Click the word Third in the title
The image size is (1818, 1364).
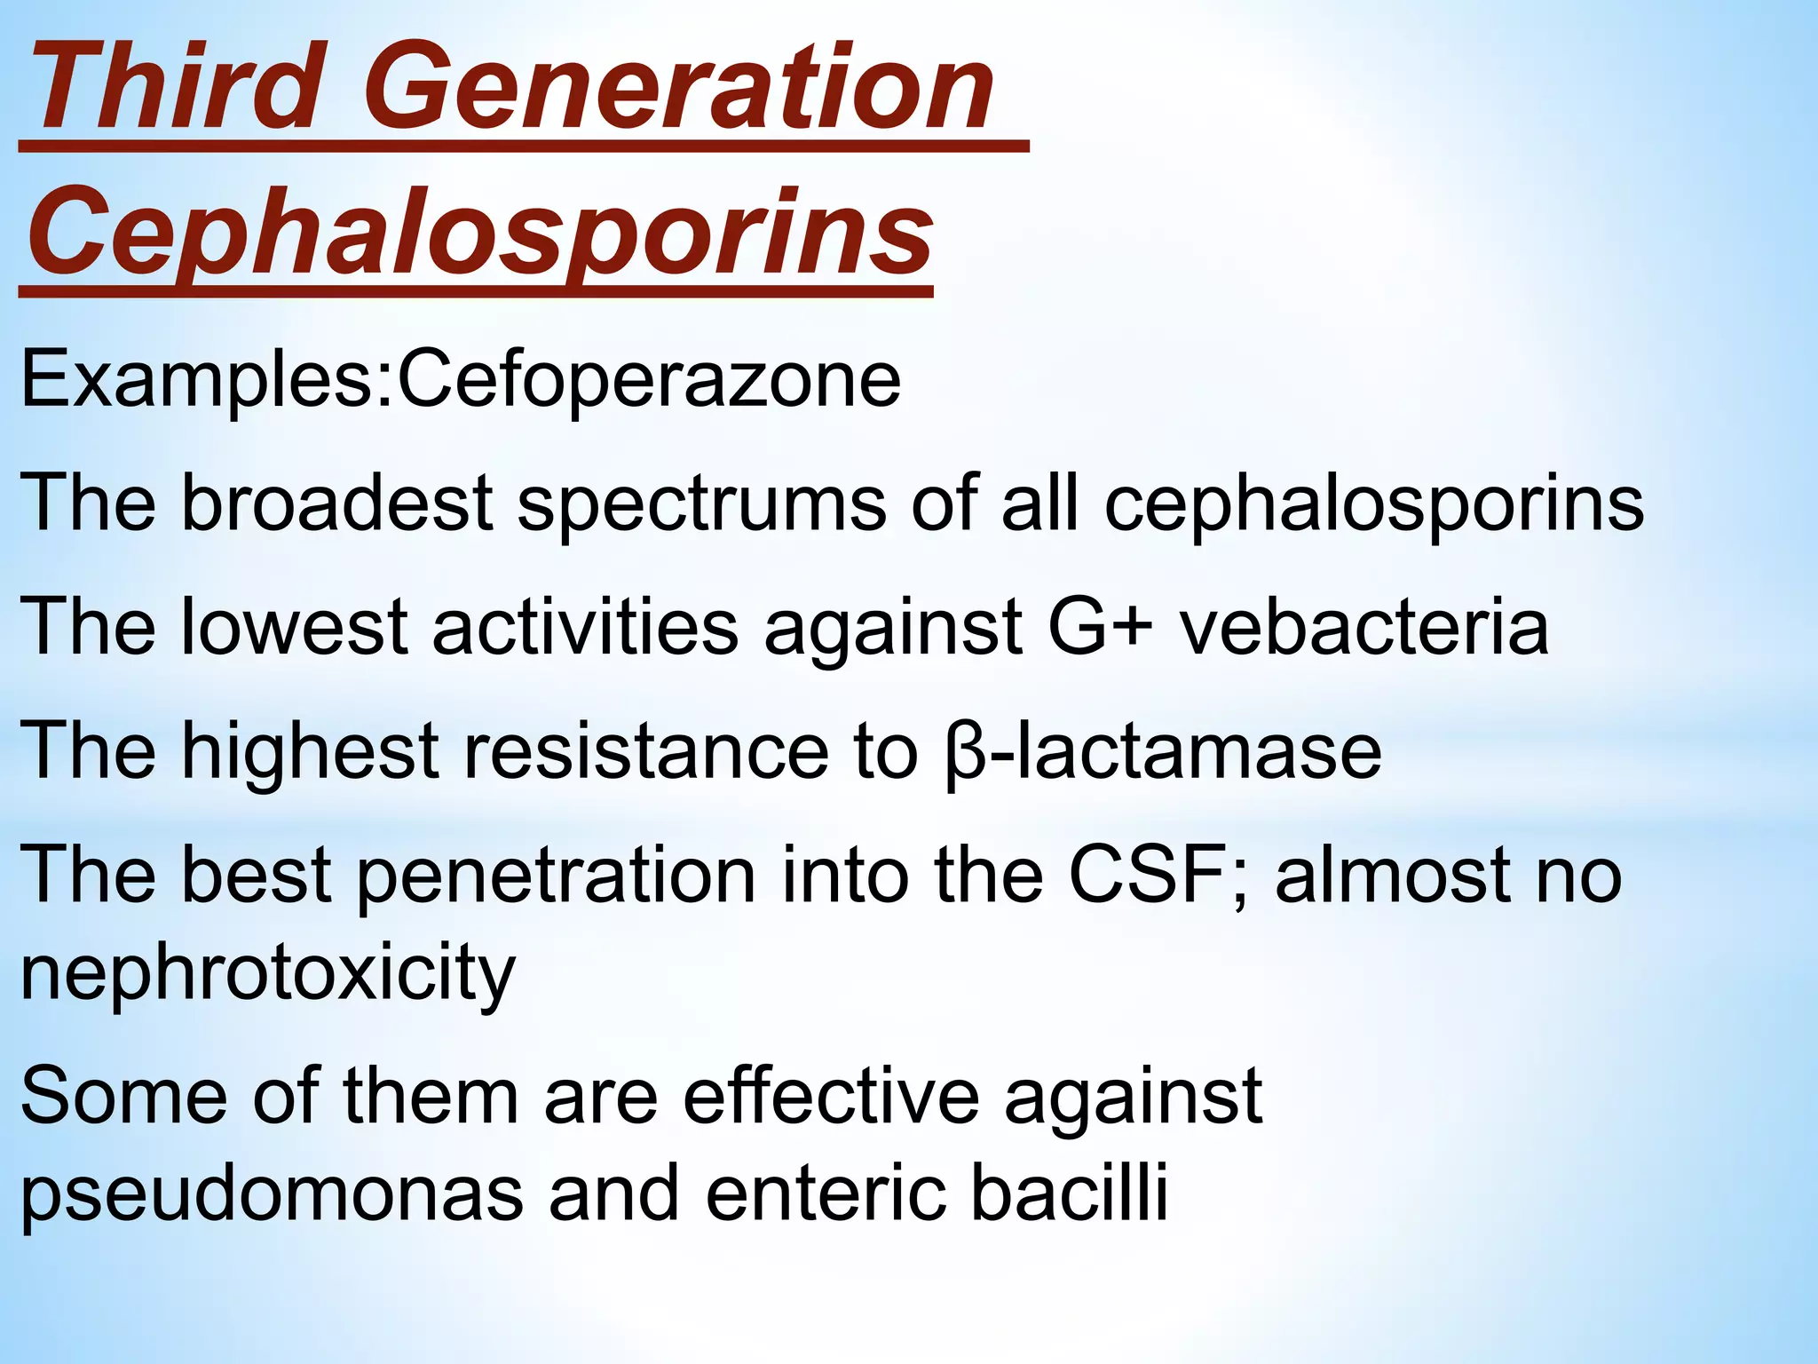[173, 89]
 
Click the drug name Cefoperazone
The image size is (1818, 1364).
[648, 380]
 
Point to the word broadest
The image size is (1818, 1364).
[336, 504]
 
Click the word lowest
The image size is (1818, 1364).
[294, 627]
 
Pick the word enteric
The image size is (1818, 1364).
[826, 1193]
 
